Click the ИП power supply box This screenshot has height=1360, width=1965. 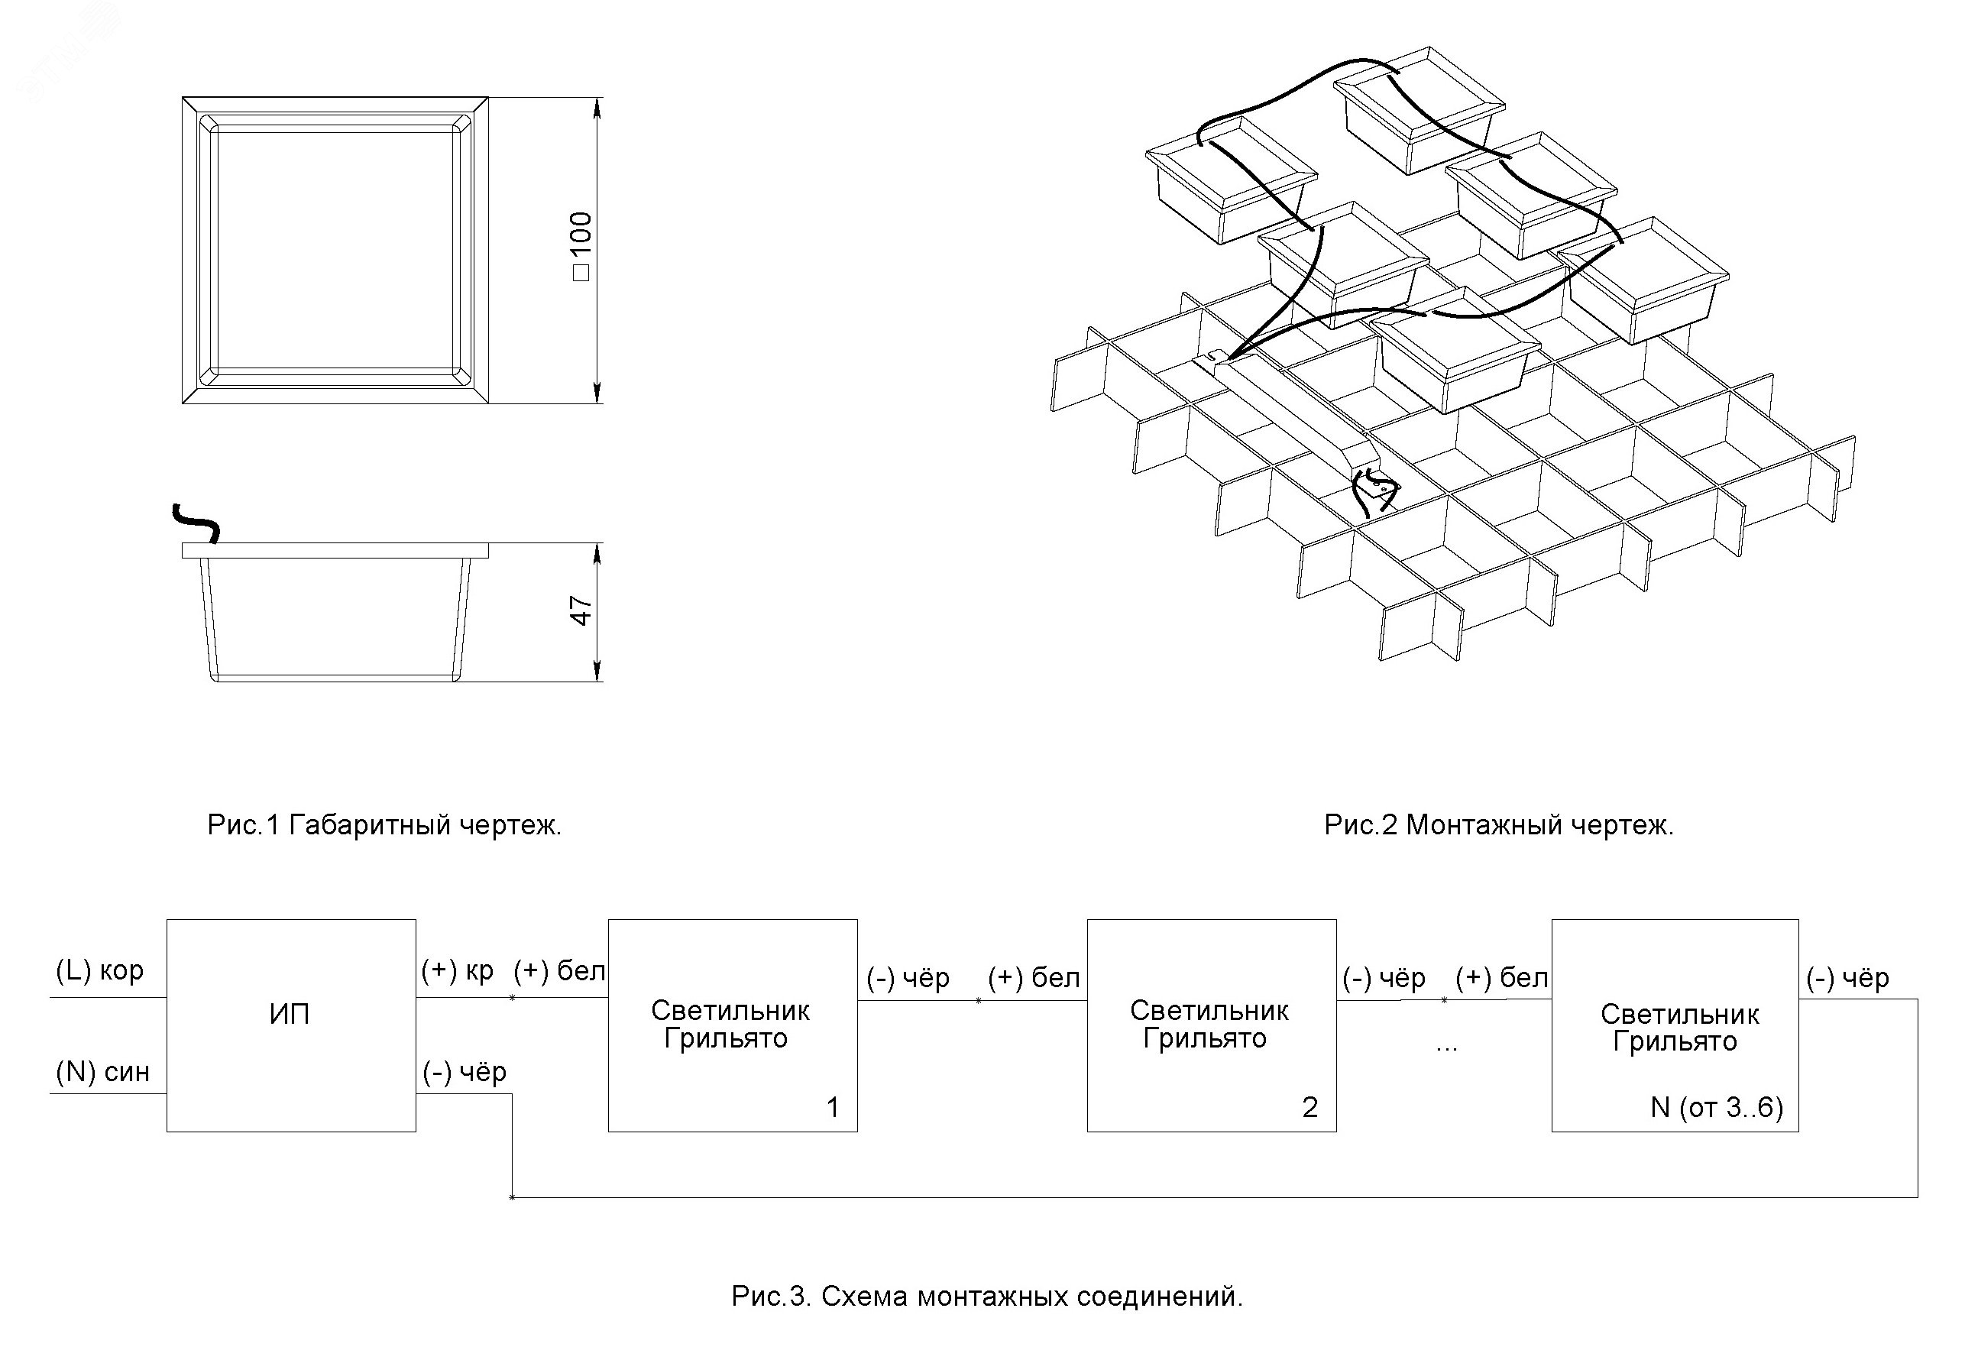click(290, 1025)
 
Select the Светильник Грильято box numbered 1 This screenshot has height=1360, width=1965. click(732, 1025)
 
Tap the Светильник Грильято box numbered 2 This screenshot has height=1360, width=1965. click(1211, 1025)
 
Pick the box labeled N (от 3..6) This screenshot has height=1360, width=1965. click(1675, 1025)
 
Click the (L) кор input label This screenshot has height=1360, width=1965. click(99, 970)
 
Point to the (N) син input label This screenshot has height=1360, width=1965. click(102, 1071)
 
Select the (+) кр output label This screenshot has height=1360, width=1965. click(458, 970)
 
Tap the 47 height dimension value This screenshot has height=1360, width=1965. click(581, 610)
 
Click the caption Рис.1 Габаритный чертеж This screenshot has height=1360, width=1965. click(384, 825)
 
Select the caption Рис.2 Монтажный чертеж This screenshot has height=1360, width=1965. click(1499, 825)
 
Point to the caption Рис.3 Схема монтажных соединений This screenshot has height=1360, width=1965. click(987, 1297)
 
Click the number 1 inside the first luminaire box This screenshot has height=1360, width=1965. click(833, 1107)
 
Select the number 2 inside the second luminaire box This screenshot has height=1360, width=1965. click(1309, 1107)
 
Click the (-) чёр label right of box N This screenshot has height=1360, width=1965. click(1847, 978)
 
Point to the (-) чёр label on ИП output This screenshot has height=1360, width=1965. click(465, 1072)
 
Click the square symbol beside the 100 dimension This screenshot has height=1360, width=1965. click(581, 273)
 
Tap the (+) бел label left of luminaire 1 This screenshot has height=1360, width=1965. click(559, 970)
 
